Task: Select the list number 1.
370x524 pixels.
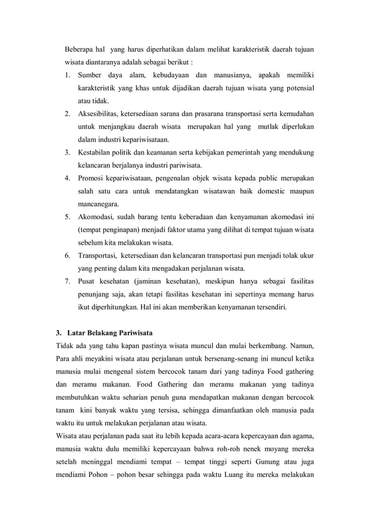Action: pyautogui.click(x=67, y=75)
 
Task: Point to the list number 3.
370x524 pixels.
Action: pyautogui.click(x=67, y=153)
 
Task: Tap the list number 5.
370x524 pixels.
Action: pyautogui.click(x=67, y=217)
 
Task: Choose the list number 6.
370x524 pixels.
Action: pyautogui.click(x=67, y=256)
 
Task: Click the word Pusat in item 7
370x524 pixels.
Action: pyautogui.click(x=88, y=281)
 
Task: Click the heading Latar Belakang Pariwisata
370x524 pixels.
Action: pyautogui.click(x=110, y=333)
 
